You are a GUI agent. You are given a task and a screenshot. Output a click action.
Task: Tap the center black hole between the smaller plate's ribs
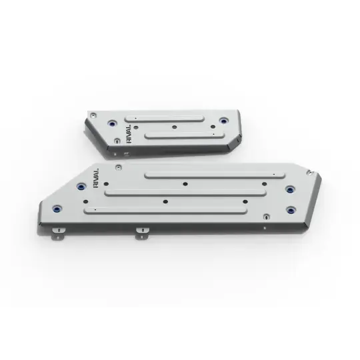(174, 126)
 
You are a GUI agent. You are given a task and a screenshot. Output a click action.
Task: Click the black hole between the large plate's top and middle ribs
(184, 185)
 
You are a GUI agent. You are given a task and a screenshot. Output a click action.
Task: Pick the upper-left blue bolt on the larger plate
(81, 187)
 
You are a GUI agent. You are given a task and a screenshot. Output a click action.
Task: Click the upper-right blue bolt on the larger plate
(290, 190)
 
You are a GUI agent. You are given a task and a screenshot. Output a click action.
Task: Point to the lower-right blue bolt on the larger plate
(291, 210)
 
